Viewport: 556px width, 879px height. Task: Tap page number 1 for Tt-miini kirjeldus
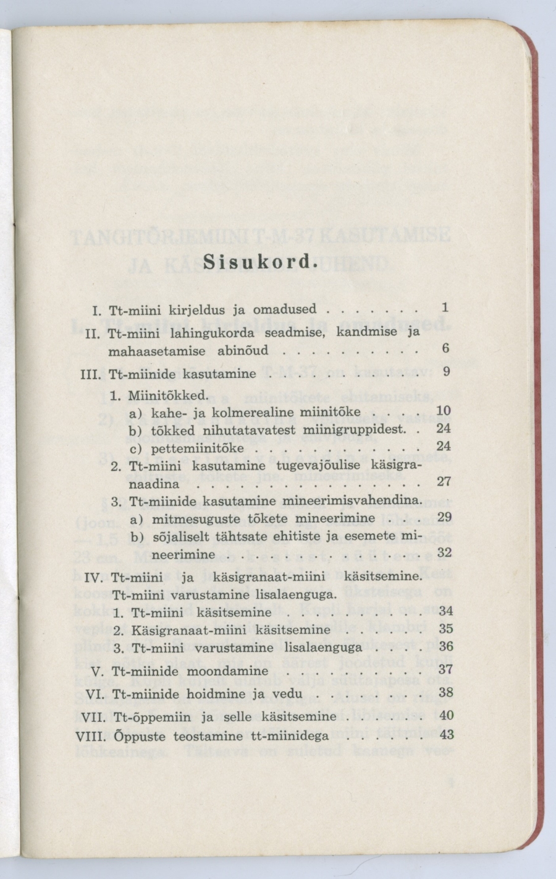tap(445, 307)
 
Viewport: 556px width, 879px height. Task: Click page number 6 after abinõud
tap(445, 348)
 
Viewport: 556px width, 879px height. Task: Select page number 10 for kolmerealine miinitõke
tap(444, 411)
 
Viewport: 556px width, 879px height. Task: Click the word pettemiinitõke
tap(198, 447)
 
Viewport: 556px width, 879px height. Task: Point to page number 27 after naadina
tap(444, 481)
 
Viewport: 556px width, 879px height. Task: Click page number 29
tap(444, 517)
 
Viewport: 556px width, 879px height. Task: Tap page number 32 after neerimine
tap(444, 552)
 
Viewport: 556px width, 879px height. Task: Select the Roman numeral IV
tap(93, 578)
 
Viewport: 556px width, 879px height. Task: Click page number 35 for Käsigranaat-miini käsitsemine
tap(445, 629)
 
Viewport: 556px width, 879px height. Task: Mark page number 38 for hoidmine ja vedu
tap(445, 693)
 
